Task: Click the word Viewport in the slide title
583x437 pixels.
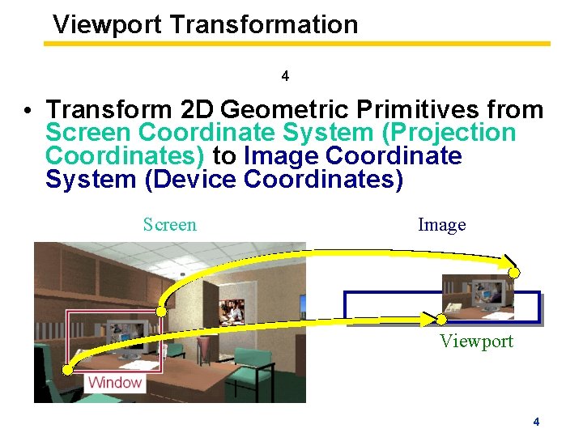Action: click(x=108, y=24)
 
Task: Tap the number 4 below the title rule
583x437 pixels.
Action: click(x=285, y=77)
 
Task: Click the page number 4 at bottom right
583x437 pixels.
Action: click(x=536, y=422)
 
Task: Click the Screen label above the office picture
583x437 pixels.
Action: click(x=169, y=224)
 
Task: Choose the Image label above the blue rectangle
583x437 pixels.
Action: click(x=441, y=224)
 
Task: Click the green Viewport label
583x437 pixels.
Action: click(x=476, y=341)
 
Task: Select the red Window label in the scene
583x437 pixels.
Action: click(x=114, y=382)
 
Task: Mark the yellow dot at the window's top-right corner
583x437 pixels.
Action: click(x=162, y=312)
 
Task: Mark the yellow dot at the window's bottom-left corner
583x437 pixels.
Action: click(x=68, y=370)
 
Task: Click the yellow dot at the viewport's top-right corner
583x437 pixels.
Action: click(x=514, y=273)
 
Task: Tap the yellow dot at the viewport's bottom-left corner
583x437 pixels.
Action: click(x=441, y=319)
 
